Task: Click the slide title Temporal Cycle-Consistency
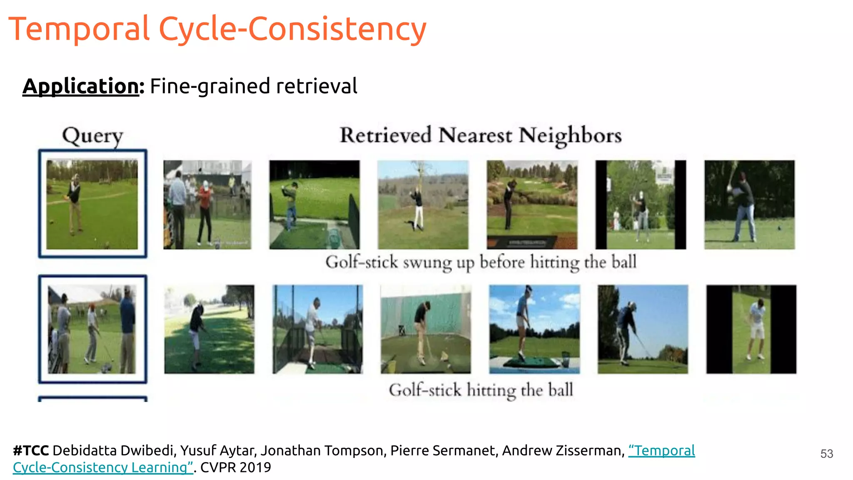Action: (x=217, y=29)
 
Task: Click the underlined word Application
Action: (x=81, y=86)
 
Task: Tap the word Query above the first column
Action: (x=92, y=136)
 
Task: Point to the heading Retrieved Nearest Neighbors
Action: (x=481, y=135)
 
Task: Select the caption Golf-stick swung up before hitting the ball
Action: (x=481, y=262)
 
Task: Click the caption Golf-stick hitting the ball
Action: (x=481, y=390)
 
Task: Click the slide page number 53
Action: (x=826, y=454)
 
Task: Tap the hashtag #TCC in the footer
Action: (x=31, y=450)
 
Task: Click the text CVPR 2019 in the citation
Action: (x=235, y=467)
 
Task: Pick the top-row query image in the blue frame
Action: (x=92, y=204)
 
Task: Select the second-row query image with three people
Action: (x=92, y=329)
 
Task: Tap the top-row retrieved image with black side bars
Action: (x=641, y=205)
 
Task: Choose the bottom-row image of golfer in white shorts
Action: (x=751, y=329)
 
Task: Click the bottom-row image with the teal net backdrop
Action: (x=426, y=329)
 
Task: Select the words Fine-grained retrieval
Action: (x=253, y=86)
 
